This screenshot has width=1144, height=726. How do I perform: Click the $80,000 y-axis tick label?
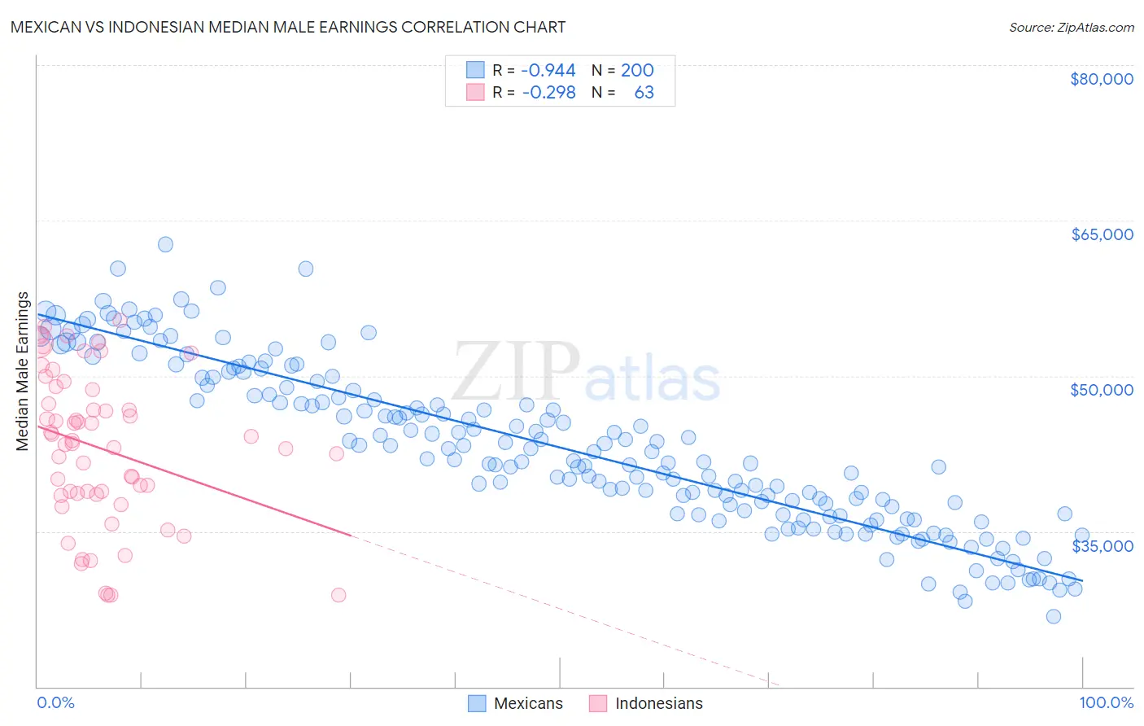(x=1102, y=79)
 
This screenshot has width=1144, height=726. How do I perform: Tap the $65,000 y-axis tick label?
(x=1102, y=234)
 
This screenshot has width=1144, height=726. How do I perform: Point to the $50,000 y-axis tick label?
(x=1102, y=390)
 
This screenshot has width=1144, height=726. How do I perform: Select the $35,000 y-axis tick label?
(x=1102, y=545)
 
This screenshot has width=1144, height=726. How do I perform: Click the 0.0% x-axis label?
(x=55, y=702)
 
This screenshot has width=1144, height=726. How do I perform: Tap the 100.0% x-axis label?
(x=1106, y=702)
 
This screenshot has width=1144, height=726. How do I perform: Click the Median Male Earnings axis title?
(x=22, y=371)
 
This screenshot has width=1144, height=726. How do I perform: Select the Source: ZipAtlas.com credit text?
(x=1071, y=27)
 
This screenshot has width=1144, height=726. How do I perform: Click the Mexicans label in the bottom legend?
(x=528, y=703)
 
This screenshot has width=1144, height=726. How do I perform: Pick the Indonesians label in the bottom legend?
(x=658, y=703)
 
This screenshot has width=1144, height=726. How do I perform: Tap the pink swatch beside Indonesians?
(x=598, y=703)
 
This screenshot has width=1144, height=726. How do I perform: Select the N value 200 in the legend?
(x=637, y=71)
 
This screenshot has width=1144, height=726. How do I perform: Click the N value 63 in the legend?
(x=644, y=93)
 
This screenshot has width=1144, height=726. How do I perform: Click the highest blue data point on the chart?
(x=165, y=244)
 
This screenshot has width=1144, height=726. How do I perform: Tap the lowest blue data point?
(x=1054, y=616)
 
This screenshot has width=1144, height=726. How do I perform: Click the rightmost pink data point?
(x=338, y=595)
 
